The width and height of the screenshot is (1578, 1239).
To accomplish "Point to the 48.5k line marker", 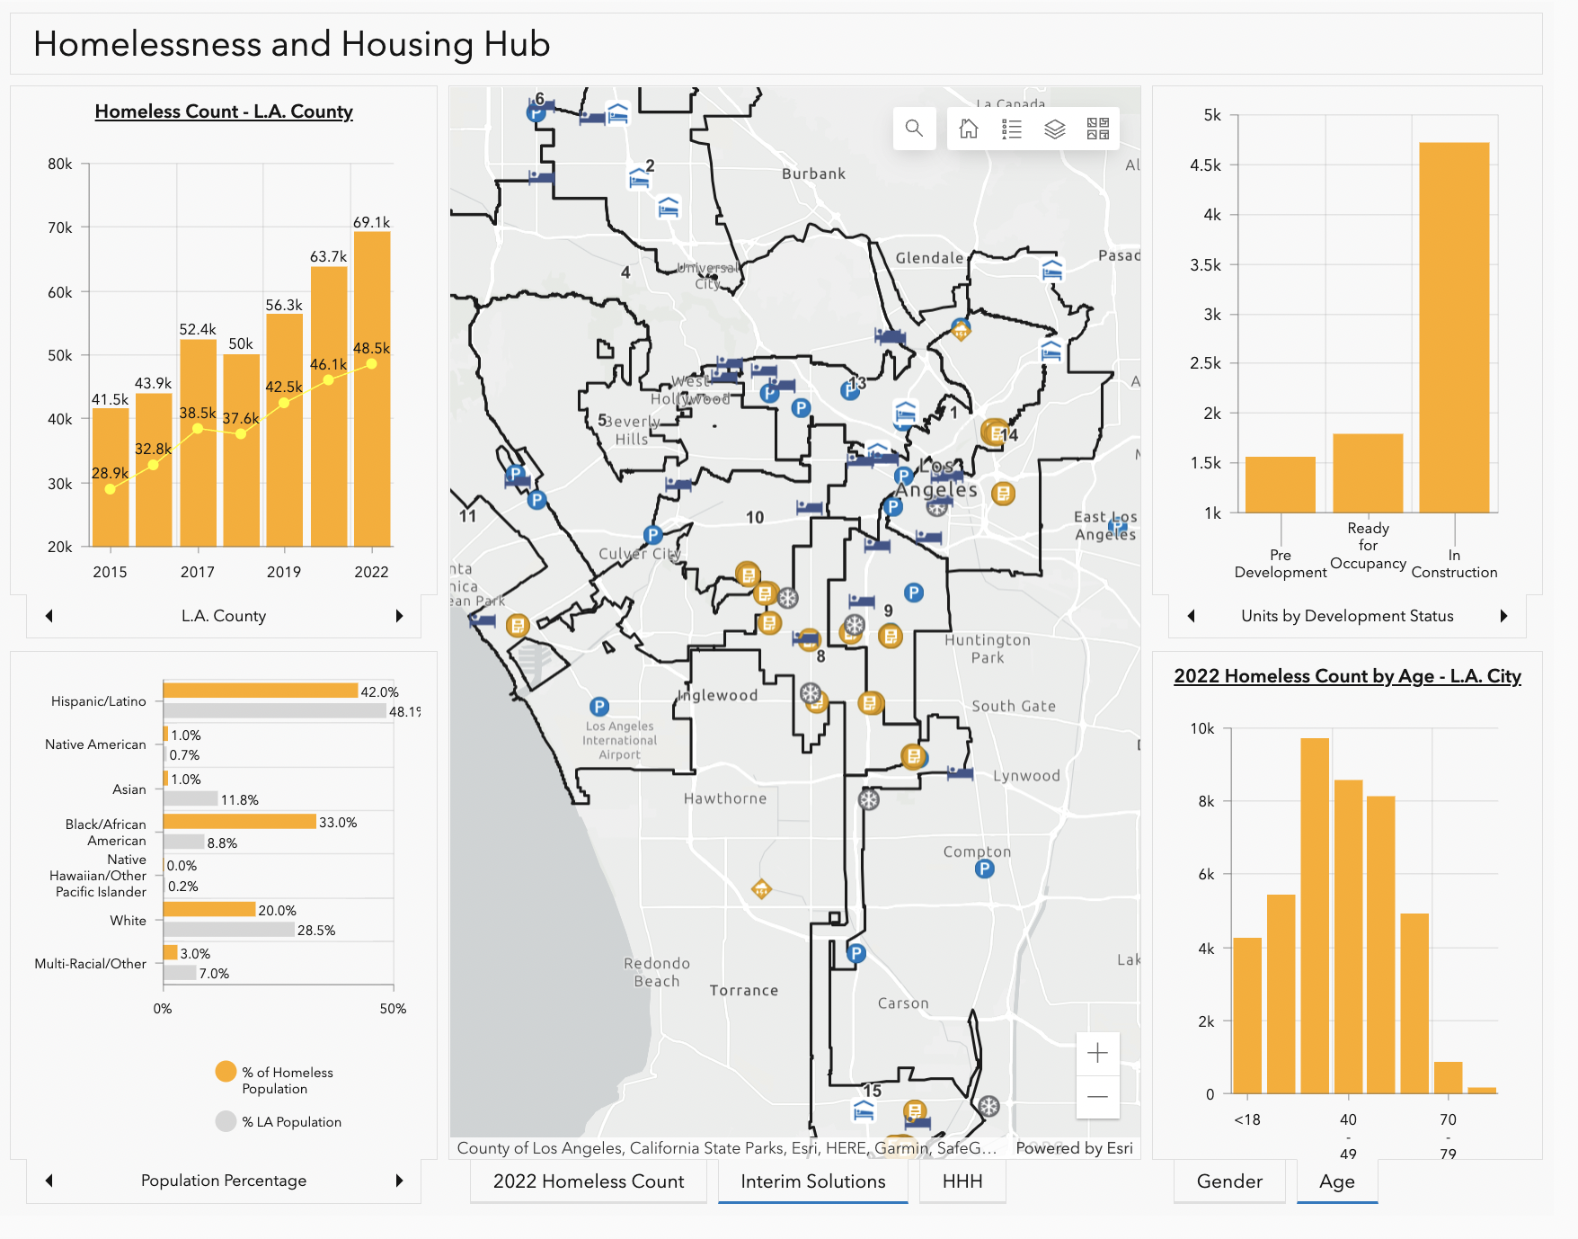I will tap(371, 364).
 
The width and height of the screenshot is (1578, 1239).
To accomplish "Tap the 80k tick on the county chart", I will tap(60, 164).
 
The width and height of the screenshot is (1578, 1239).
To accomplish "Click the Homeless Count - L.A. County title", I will tap(224, 111).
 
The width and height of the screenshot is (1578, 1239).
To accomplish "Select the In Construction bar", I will tap(1453, 327).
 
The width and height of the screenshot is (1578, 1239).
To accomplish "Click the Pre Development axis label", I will tap(1280, 564).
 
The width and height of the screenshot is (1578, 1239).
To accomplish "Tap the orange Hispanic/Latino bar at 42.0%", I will tap(261, 691).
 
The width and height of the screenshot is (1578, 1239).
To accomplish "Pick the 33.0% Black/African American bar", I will tap(239, 822).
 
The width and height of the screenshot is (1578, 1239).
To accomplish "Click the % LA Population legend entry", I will tap(290, 1122).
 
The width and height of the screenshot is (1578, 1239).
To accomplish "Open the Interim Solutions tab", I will tap(812, 1181).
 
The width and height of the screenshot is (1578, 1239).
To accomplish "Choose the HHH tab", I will tap(962, 1181).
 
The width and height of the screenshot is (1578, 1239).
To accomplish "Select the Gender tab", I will tap(1228, 1181).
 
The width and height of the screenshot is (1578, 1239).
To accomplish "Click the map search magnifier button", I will tap(914, 129).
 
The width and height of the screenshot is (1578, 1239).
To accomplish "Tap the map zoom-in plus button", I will tap(1097, 1053).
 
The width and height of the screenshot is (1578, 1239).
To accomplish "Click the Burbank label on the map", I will tap(813, 174).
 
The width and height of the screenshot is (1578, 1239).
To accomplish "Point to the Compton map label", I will tap(977, 851).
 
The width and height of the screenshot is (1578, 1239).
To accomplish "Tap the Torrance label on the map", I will tap(743, 990).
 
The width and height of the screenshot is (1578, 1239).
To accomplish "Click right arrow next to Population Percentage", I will tap(399, 1181).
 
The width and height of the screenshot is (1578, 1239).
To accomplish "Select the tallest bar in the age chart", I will tap(1314, 915).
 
